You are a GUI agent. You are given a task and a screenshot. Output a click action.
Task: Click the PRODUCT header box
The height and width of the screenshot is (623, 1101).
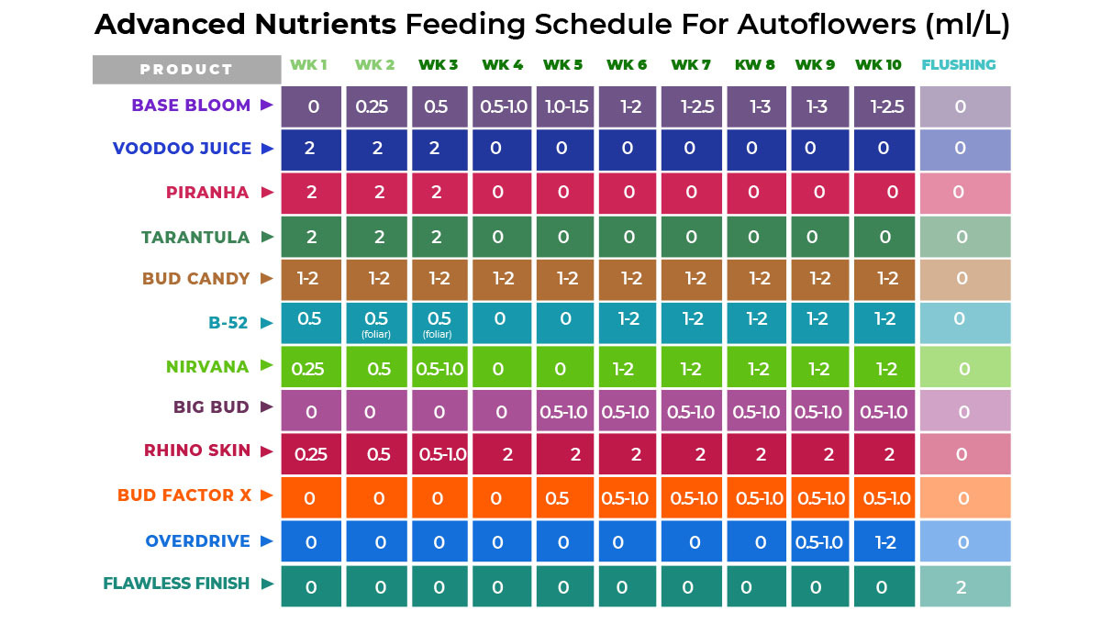pos(186,70)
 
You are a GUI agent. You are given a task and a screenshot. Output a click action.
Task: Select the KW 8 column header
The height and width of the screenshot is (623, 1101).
pos(754,65)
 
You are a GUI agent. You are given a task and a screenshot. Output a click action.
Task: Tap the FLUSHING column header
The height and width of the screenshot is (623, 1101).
pos(958,65)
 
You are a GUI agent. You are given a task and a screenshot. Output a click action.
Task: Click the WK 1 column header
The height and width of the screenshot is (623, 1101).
pos(308,65)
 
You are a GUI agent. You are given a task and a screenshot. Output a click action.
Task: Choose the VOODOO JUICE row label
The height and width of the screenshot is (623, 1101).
pos(181,149)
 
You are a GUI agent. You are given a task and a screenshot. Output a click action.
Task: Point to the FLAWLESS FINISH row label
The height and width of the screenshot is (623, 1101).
pos(176,584)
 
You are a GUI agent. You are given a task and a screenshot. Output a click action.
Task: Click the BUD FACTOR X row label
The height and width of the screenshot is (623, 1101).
pos(183,495)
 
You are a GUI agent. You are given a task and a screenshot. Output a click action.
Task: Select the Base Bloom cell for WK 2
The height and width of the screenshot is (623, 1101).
pos(376,106)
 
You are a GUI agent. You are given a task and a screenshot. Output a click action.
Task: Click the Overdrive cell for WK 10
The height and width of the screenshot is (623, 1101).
pos(884,542)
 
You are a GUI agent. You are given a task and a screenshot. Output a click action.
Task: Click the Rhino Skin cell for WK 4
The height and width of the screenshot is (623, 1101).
pos(501,455)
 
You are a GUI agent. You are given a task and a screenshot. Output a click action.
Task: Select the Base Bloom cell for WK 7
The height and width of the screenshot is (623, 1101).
pos(692,106)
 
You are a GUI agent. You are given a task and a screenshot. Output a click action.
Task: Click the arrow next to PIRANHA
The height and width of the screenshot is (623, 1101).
pos(268,193)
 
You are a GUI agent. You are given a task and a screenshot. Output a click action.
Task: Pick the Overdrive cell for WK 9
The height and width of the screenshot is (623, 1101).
pos(819,542)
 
